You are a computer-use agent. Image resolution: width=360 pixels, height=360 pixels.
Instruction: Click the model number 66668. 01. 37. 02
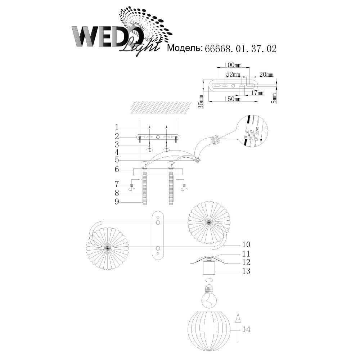[240, 49]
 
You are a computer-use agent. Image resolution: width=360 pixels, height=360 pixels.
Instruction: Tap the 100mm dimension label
[233, 65]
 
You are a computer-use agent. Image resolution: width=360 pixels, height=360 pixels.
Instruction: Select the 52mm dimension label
[233, 75]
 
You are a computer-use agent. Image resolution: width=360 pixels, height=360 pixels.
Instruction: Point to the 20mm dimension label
[266, 75]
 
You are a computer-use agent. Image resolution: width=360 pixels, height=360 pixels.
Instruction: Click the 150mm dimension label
[233, 99]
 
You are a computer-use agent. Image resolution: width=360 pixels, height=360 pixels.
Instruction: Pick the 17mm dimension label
[258, 93]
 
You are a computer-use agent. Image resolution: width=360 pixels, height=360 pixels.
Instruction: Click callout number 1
[117, 127]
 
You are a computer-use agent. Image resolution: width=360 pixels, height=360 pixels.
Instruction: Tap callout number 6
[117, 170]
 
